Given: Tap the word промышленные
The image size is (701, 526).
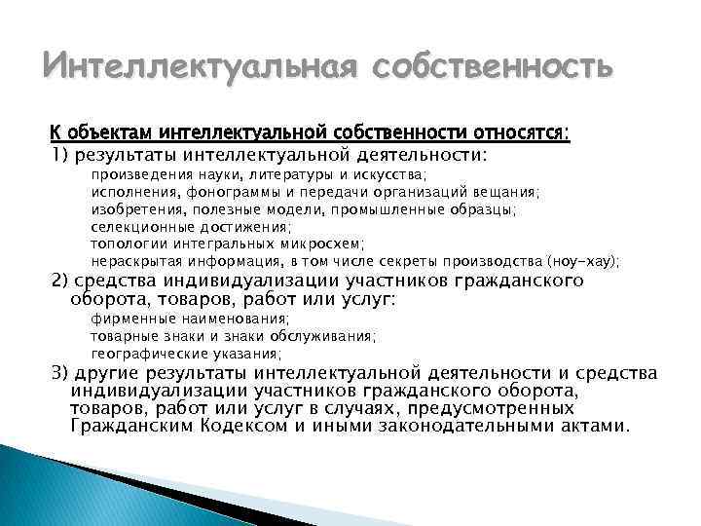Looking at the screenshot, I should point(391,208).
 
